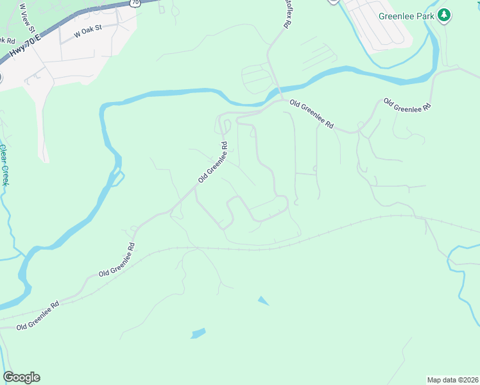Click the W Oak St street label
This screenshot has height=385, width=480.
89,32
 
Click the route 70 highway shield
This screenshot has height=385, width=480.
134,3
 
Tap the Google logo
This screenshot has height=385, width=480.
21,377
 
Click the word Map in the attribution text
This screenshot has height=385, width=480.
435,379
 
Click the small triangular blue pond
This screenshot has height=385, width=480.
263,300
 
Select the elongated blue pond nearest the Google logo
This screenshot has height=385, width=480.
198,333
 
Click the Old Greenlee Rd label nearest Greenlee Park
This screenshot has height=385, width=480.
406,105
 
